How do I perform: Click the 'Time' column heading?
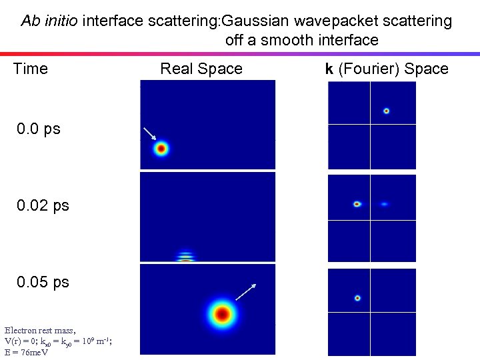click(x=31, y=69)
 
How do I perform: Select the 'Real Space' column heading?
click(x=201, y=69)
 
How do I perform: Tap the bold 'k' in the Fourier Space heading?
click(x=329, y=69)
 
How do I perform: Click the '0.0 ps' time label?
click(x=39, y=129)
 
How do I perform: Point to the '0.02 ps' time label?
click(x=43, y=205)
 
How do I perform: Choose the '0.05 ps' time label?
click(x=43, y=282)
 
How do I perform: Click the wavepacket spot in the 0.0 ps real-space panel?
click(x=161, y=149)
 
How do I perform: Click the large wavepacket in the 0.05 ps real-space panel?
click(x=222, y=313)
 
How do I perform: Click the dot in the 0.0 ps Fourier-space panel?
click(x=386, y=111)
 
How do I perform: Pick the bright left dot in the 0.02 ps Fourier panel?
click(x=357, y=204)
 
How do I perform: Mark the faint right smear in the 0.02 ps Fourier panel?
click(x=384, y=204)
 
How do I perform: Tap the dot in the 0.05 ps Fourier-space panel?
click(x=357, y=298)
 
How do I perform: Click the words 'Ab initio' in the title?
click(x=49, y=21)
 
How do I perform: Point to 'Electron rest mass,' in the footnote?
click(x=40, y=331)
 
